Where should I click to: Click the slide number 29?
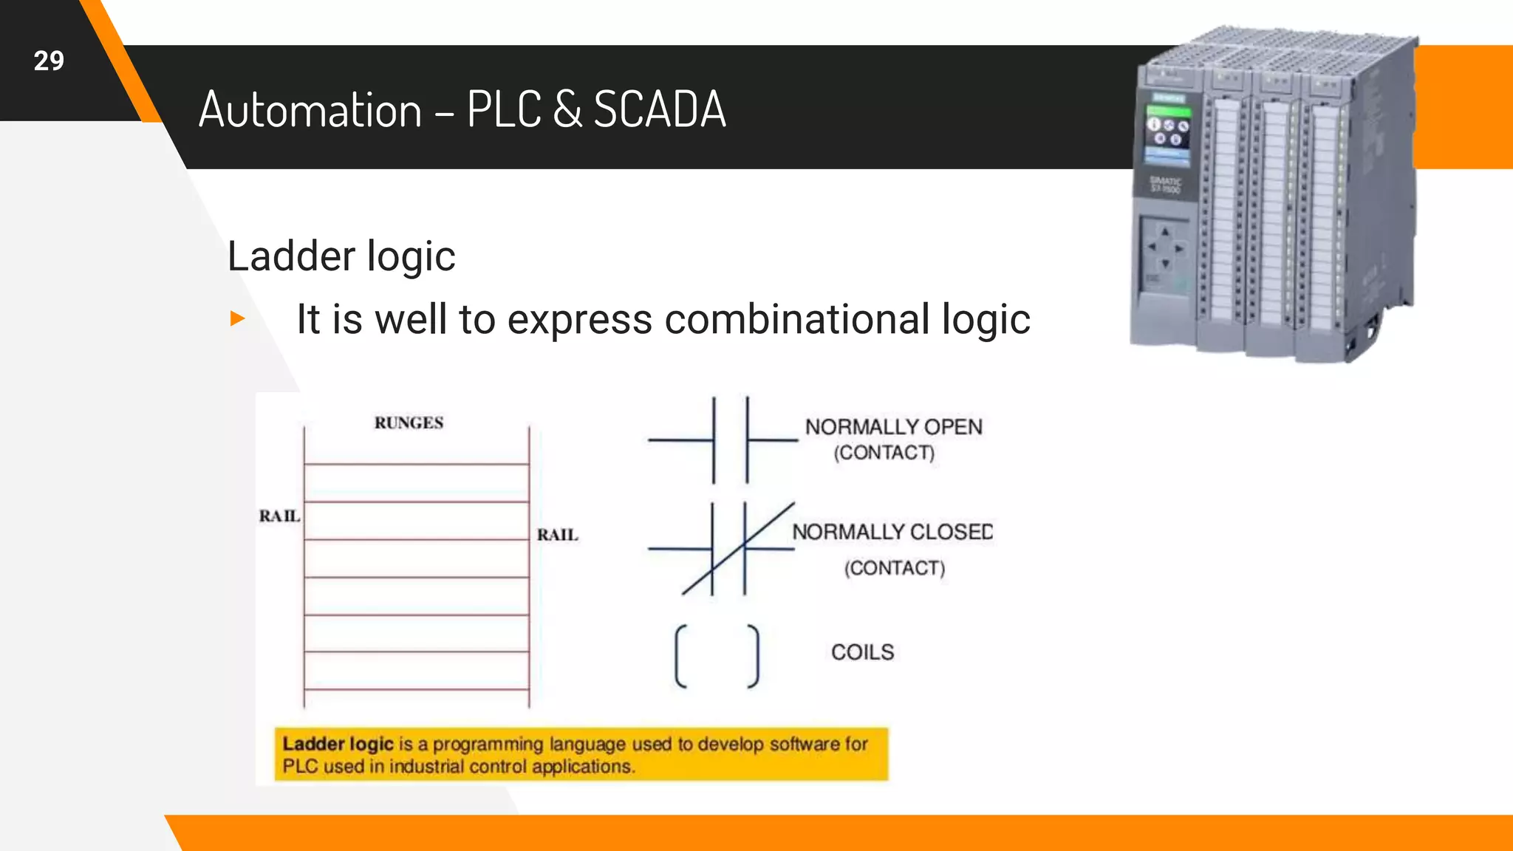coord(49,61)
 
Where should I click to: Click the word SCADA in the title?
coord(660,109)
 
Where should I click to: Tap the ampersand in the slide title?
coord(567,109)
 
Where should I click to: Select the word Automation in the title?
coord(310,109)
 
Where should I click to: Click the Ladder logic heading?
coord(341,256)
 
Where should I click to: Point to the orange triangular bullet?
coord(237,318)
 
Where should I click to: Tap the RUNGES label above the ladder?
coord(409,423)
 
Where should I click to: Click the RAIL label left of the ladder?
coord(279,516)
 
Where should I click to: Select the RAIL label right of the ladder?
coord(557,534)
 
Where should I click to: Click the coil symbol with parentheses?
coord(717,656)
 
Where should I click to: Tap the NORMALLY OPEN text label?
coord(893,427)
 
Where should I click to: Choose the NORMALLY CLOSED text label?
coord(892,532)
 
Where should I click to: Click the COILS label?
coord(862,652)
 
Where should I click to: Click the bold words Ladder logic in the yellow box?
coord(338,743)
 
